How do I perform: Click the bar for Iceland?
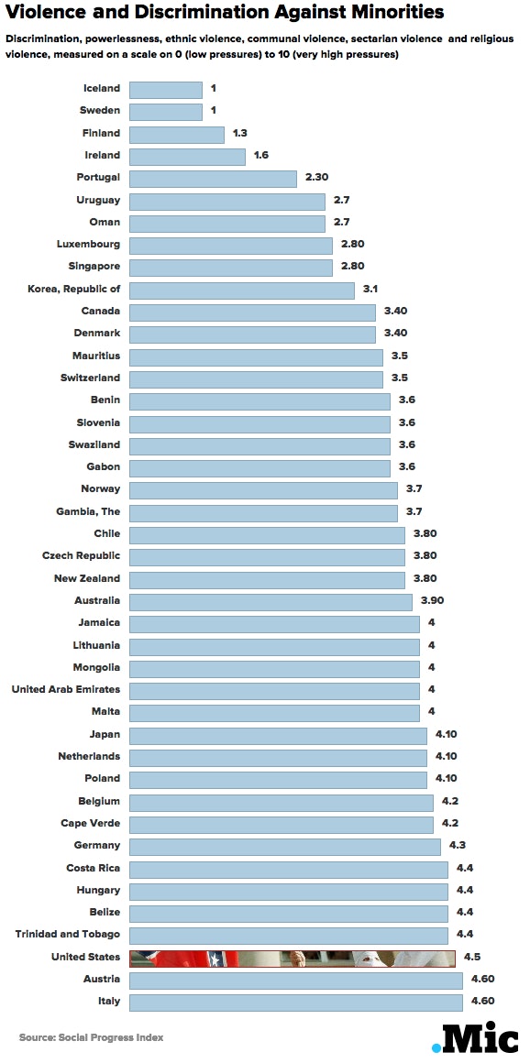(x=165, y=90)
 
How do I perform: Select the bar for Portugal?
(x=213, y=179)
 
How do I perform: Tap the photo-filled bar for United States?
(x=293, y=958)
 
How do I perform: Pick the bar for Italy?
(x=295, y=1002)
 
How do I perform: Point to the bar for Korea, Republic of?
(x=241, y=290)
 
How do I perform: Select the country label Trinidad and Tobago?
(x=68, y=935)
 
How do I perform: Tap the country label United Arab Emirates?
(x=65, y=690)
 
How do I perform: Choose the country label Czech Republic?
(x=81, y=556)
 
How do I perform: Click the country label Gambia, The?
(x=87, y=511)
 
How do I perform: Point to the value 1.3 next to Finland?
(x=240, y=134)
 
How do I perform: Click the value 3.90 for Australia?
(x=432, y=601)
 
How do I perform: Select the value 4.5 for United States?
(x=472, y=958)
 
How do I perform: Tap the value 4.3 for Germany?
(x=458, y=846)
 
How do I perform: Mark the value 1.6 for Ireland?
(x=261, y=156)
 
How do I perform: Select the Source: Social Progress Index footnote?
(x=91, y=1038)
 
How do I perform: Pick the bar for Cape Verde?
(x=281, y=824)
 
